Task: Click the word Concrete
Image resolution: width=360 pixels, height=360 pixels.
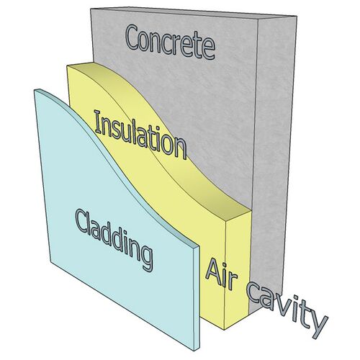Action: (171, 42)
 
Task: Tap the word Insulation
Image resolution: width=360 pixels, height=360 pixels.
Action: (140, 135)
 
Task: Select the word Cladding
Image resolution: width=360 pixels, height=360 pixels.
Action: (114, 240)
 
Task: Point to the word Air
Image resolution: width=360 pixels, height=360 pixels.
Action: (221, 274)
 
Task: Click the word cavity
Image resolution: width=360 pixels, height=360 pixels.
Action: (287, 310)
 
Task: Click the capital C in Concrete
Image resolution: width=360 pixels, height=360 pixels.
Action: (135, 37)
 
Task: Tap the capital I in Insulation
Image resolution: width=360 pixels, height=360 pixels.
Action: (98, 122)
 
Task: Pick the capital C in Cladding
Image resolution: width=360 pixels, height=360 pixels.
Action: (83, 221)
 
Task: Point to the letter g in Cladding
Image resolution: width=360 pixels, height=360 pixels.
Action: (145, 258)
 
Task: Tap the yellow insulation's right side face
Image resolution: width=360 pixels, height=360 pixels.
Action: (238, 269)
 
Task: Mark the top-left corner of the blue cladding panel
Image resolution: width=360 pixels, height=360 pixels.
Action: (34, 90)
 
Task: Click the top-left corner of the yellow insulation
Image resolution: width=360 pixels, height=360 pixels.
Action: (67, 66)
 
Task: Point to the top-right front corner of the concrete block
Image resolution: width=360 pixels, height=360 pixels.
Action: (258, 19)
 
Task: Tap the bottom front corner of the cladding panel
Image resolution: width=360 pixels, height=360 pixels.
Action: (194, 351)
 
